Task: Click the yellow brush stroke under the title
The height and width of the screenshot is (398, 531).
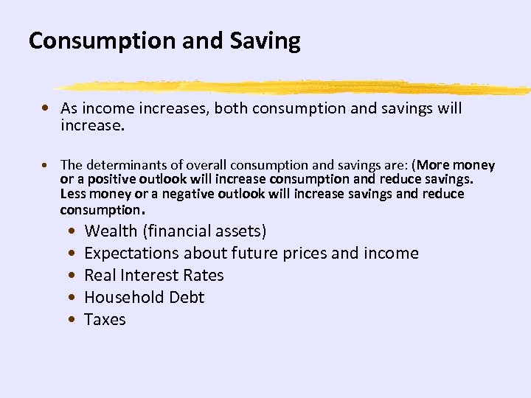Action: point(295,87)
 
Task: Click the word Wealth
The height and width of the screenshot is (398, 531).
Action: point(111,231)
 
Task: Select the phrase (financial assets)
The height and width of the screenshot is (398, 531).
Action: point(205,231)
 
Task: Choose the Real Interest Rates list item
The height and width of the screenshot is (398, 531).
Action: point(153,275)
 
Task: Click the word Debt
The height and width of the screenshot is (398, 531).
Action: point(187,297)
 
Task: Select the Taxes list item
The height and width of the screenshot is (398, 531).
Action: point(105,319)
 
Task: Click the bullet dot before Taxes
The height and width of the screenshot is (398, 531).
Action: point(69,320)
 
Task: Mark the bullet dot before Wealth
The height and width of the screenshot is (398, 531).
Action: point(69,231)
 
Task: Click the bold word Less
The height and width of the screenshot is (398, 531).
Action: point(73,194)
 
